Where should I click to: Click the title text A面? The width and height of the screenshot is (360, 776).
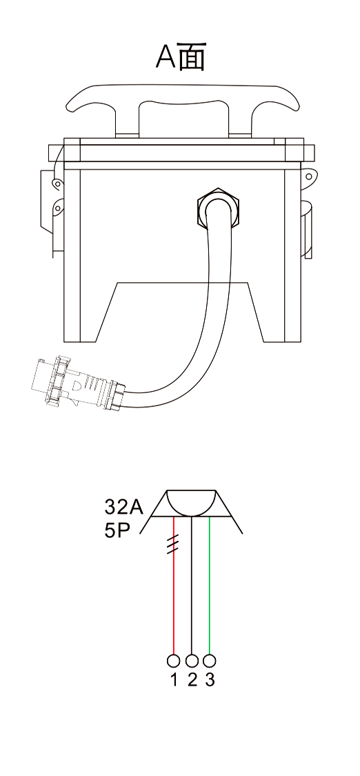click(x=181, y=57)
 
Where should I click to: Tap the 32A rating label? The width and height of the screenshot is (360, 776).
click(x=123, y=507)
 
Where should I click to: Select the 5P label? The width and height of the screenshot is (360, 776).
click(x=117, y=531)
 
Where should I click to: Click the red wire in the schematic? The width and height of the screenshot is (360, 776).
click(x=174, y=586)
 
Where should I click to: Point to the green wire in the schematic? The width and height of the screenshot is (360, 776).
click(x=210, y=586)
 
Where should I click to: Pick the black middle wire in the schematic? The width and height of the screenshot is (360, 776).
click(x=192, y=586)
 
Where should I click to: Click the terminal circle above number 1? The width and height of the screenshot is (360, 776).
click(x=174, y=661)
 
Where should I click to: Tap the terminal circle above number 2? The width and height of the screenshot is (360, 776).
click(x=192, y=661)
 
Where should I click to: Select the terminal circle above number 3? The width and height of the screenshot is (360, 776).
click(x=210, y=661)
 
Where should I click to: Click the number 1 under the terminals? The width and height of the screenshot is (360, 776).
click(x=174, y=680)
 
